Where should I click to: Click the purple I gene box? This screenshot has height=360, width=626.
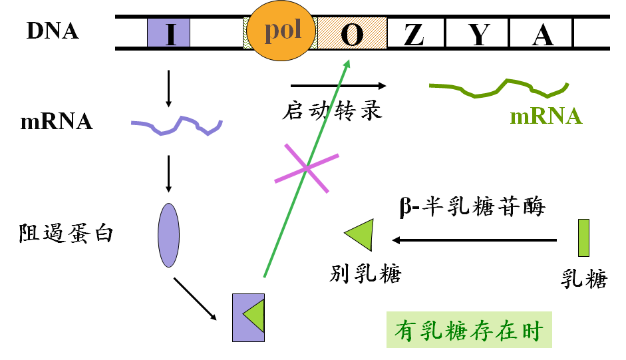coord(168,33)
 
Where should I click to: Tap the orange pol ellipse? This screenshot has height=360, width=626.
coord(281,31)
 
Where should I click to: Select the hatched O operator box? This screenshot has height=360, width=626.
coord(352,33)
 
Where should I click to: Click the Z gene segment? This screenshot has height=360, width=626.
coord(416,33)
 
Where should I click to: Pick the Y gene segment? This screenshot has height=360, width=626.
coord(477,33)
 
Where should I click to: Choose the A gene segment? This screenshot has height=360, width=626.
coord(542,33)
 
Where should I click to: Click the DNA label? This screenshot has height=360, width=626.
coord(53,31)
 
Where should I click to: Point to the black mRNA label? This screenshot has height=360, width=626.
coord(57,122)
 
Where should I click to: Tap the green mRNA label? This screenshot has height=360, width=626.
coord(546,116)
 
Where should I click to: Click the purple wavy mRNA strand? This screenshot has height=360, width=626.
coord(177,126)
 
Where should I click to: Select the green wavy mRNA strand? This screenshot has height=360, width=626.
coord(499,89)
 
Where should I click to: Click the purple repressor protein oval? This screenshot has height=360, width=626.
coord(168,235)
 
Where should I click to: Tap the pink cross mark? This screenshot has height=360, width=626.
coord(307,168)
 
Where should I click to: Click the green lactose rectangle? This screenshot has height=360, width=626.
coord(583,238)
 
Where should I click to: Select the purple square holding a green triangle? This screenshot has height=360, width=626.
coord(248,317)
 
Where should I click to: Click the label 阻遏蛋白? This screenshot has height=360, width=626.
coord(66,234)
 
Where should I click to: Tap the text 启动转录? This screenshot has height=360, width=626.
coord(332,110)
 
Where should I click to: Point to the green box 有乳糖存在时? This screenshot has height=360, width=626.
coord(469,329)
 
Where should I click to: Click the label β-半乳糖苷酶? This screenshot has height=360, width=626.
coord(472,206)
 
